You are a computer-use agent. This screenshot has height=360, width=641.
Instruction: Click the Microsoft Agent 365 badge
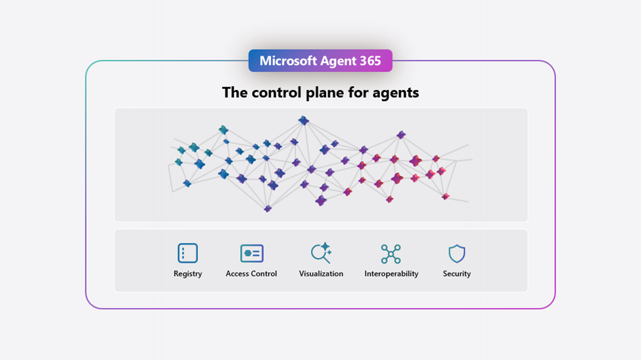tap(320, 60)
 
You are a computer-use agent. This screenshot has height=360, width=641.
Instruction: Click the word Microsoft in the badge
tap(288, 61)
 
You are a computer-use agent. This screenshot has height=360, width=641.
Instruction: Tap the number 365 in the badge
tap(370, 61)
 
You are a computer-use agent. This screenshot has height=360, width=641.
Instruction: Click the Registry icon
tap(187, 253)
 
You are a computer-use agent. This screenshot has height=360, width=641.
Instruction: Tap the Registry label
tap(187, 274)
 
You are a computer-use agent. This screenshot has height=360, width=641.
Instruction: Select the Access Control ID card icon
tap(252, 254)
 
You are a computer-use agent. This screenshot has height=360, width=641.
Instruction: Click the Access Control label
tap(251, 274)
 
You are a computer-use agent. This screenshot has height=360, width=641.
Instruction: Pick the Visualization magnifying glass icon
tap(321, 253)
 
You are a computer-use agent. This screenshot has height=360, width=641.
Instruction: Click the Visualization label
tap(321, 274)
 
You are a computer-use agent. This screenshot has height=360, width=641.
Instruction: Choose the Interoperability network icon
tap(391, 254)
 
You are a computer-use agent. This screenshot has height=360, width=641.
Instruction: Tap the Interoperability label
tap(391, 274)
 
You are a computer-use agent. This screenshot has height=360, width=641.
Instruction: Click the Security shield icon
tap(457, 254)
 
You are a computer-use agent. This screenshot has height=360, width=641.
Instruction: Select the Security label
tap(457, 274)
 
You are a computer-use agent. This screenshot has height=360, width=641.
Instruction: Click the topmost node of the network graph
tap(303, 120)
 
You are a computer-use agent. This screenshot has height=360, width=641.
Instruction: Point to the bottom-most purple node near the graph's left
tap(268, 209)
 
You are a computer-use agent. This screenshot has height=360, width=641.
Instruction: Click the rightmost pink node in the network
tap(445, 196)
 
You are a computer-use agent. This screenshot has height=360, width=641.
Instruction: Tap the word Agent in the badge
tap(339, 61)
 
